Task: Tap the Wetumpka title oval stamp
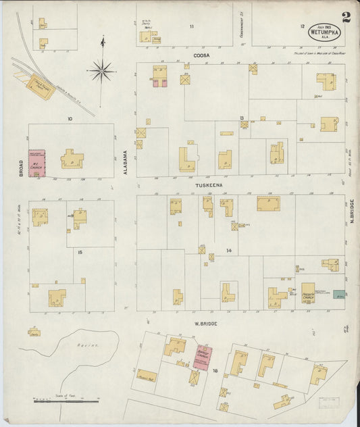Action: (324, 32)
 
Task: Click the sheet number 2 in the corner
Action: (346, 17)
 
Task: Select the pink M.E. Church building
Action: (36, 164)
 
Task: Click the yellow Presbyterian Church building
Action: (308, 293)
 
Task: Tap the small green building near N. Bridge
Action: (339, 295)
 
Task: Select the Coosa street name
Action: (201, 55)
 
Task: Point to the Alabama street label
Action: (126, 162)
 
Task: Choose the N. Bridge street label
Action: (352, 213)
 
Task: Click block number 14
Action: (229, 251)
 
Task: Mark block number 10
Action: (69, 119)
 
